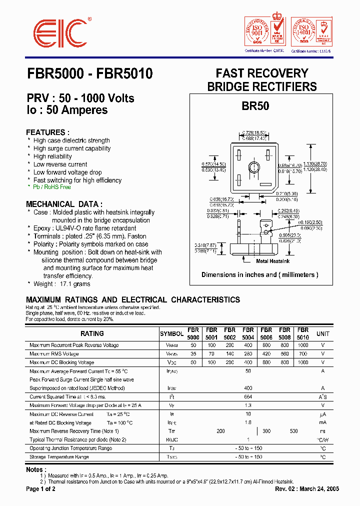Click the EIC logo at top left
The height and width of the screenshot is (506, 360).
[x=58, y=33]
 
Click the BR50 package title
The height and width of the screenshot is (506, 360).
[x=255, y=106]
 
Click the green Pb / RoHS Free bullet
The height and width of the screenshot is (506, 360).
[x=52, y=187]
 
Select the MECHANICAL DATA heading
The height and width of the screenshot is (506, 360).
[x=64, y=204]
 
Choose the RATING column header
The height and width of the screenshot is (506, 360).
[x=92, y=333]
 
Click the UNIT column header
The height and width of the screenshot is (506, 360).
[x=323, y=333]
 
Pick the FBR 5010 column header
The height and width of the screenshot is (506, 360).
[x=302, y=333]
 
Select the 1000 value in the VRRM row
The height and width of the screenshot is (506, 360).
[x=303, y=345]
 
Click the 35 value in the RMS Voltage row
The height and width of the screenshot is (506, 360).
[x=193, y=354]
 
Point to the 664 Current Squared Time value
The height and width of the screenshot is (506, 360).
[x=247, y=396]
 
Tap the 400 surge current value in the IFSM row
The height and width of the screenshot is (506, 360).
[x=247, y=388]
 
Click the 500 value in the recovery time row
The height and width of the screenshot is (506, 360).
[x=293, y=431]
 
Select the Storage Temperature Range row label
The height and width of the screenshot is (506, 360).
[x=59, y=457]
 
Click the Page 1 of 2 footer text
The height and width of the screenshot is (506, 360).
[x=41, y=488]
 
